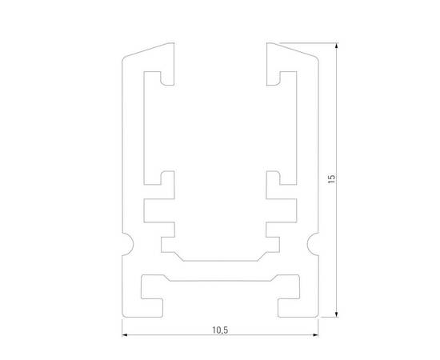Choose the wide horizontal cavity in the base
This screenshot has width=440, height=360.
tap(219, 284)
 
